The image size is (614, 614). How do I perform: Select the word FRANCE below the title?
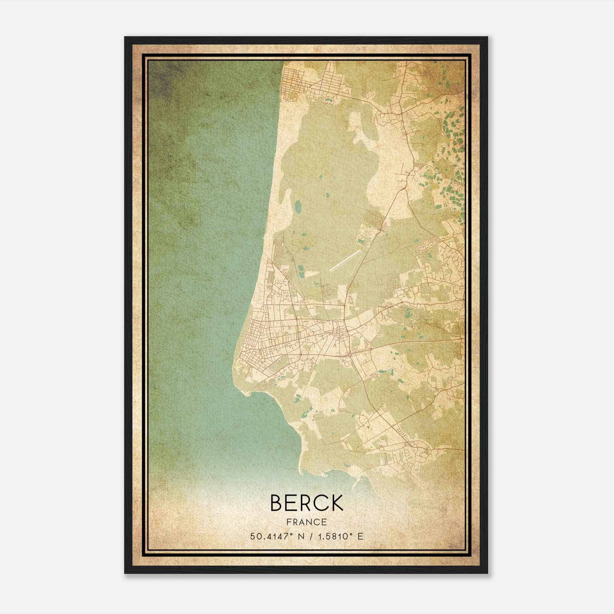pos(307,522)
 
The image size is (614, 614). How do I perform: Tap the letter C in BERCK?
pos(320,503)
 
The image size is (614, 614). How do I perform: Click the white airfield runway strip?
pos(345,261)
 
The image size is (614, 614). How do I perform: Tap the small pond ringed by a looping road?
pos(328,100)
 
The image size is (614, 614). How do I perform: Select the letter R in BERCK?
pos(306,503)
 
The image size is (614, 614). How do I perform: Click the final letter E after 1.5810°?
pos(360,536)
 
